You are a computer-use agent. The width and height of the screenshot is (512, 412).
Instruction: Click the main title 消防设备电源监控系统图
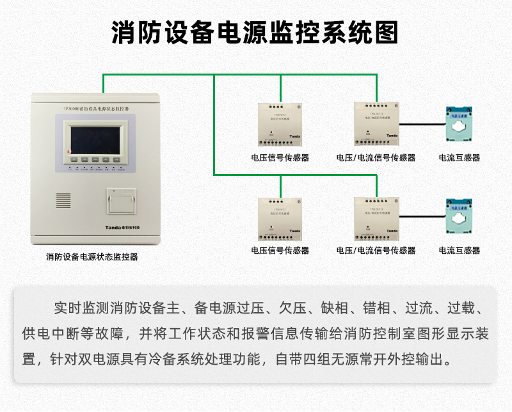pos(255,31)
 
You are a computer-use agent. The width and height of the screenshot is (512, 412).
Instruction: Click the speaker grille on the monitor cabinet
pos(63,200)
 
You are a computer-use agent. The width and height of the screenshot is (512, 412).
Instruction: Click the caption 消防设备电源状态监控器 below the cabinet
pos(92,257)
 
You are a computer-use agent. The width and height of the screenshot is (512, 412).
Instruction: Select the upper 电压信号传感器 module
pos(280,123)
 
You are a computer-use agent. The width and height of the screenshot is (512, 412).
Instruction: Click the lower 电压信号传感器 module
pos(280,218)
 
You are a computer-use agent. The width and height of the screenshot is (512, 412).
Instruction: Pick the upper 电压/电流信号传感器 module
pos(376,123)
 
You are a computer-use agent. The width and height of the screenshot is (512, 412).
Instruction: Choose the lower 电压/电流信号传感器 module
pos(376,217)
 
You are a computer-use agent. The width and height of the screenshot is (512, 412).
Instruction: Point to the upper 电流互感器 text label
pos(459,157)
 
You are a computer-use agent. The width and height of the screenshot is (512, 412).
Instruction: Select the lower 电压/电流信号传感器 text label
pos(376,251)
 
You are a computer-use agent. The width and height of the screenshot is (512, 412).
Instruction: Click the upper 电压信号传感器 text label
pos(280,157)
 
